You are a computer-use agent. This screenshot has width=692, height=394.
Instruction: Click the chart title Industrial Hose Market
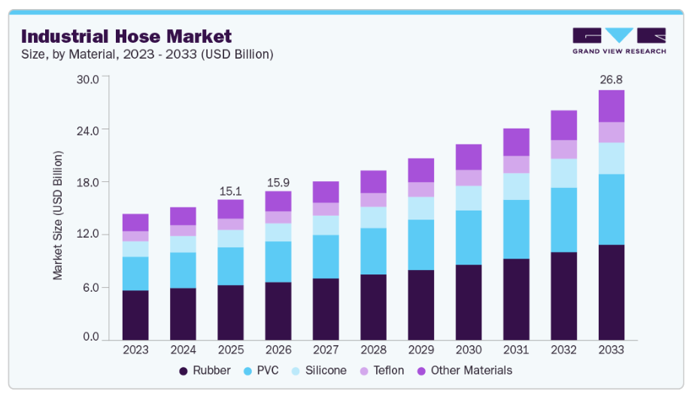tap(126, 36)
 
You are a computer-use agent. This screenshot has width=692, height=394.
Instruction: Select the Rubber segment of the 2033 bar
tap(612, 292)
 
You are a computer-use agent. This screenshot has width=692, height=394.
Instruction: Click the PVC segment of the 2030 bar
tap(469, 238)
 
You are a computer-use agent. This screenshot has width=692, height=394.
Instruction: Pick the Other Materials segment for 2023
tap(135, 223)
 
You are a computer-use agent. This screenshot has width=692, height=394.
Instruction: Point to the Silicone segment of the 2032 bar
tap(564, 173)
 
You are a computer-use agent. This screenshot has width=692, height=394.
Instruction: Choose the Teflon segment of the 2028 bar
tap(373, 199)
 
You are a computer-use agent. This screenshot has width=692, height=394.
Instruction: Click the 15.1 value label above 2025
tap(230, 192)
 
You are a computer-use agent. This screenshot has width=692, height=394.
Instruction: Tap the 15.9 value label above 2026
tap(278, 183)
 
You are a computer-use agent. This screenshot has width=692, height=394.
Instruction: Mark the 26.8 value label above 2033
tap(611, 80)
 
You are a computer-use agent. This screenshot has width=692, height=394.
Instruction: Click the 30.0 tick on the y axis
tap(89, 79)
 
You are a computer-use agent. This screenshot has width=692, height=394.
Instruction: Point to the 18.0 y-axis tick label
tap(89, 183)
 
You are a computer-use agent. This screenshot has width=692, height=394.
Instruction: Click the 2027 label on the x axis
tap(326, 350)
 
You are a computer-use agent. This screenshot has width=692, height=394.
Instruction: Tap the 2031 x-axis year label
tap(516, 350)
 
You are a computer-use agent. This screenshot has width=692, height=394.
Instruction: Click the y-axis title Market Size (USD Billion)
tap(58, 215)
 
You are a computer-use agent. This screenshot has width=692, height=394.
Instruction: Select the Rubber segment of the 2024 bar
tap(183, 314)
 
